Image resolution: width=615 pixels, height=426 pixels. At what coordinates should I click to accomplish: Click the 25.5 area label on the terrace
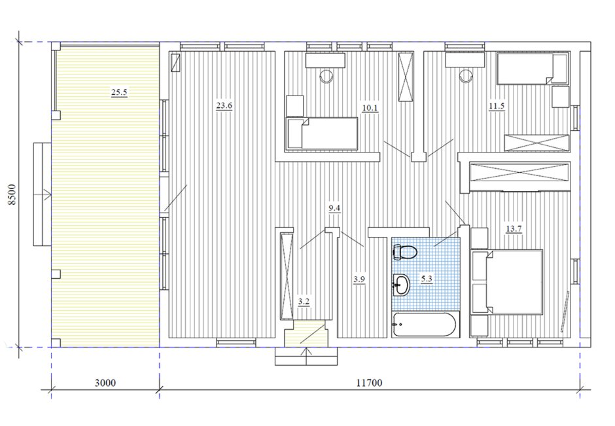(119, 93)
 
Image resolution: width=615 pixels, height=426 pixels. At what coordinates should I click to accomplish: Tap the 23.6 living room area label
(224, 105)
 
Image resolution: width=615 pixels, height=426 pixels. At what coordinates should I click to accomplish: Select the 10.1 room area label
(370, 107)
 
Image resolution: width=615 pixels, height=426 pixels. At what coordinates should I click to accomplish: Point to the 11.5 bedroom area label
(497, 106)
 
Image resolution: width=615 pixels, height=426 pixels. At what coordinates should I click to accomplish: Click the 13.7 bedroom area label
(514, 228)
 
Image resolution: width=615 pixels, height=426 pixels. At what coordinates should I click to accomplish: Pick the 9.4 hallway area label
(334, 208)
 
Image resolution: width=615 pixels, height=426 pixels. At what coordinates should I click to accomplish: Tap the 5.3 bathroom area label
(427, 279)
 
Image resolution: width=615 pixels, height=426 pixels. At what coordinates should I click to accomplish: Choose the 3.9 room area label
(359, 279)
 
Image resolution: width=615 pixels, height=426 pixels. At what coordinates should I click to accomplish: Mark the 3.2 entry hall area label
(304, 302)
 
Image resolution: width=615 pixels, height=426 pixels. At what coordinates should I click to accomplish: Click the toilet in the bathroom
(404, 252)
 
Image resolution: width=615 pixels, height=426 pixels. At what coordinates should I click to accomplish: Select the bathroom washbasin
(401, 285)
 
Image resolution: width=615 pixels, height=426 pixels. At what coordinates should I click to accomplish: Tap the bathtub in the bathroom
(423, 325)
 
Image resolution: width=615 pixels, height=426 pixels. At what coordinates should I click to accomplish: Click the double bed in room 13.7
(506, 282)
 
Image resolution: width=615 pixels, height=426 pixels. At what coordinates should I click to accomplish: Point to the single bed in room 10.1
(322, 133)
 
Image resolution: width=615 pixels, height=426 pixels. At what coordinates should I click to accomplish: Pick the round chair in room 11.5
(466, 76)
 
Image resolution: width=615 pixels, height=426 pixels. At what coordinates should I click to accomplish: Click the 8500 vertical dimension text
(12, 194)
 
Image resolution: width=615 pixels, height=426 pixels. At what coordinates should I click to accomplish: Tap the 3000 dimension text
(105, 382)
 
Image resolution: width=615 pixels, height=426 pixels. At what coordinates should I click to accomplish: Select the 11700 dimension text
(369, 382)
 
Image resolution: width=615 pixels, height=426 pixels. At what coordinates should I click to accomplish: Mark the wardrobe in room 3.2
(287, 276)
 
